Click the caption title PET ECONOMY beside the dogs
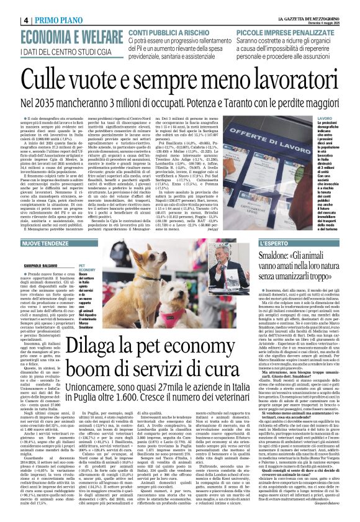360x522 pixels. [x=86, y=268]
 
